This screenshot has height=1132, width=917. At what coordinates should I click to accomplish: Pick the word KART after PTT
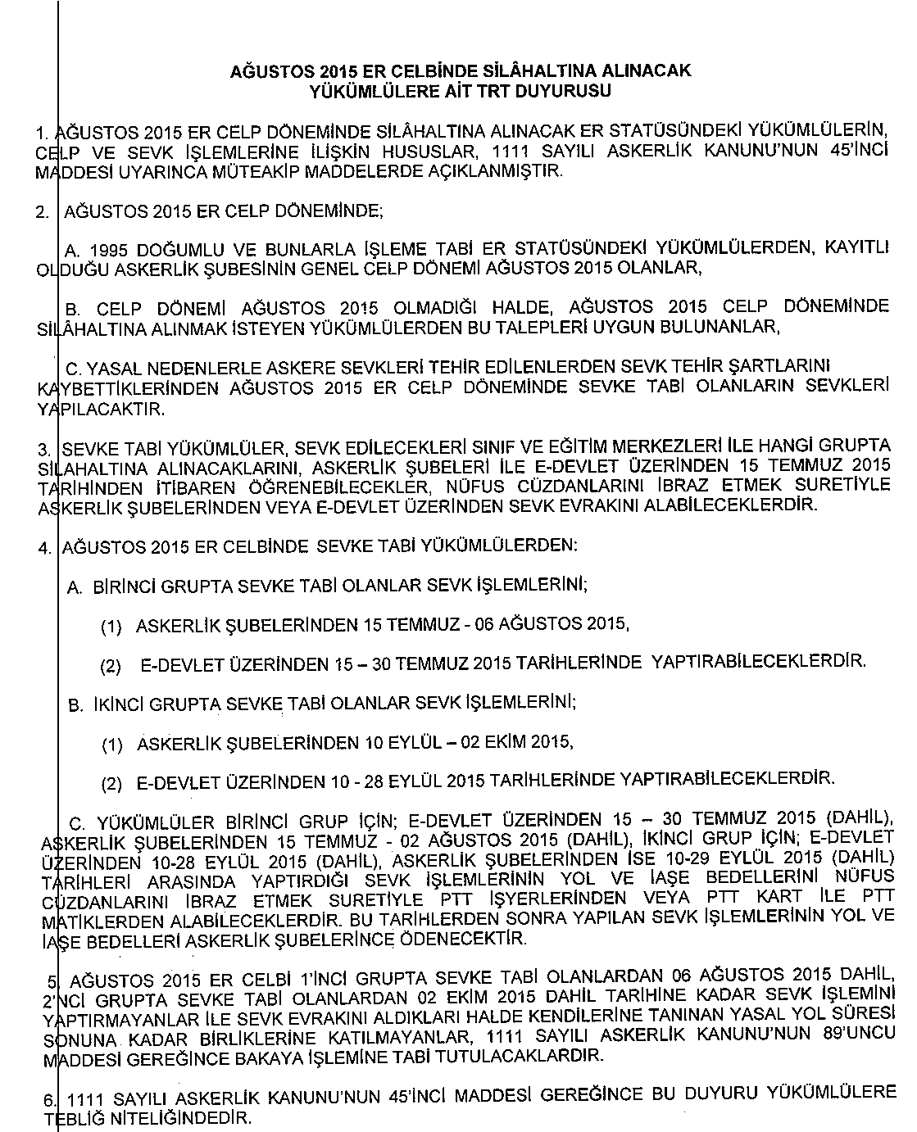(779, 899)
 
